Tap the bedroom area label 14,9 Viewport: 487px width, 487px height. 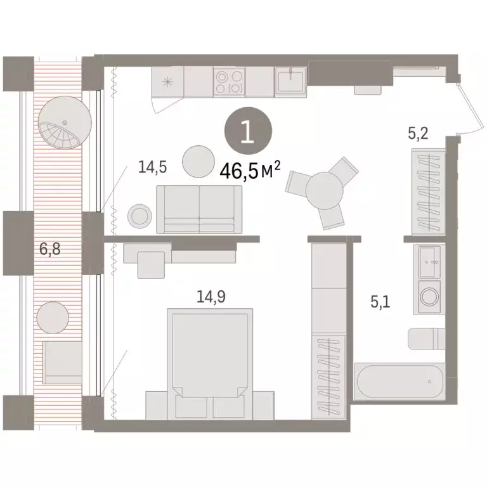[208, 296]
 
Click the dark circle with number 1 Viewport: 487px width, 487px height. [248, 131]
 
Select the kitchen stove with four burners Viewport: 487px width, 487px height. [229, 82]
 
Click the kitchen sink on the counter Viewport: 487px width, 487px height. [291, 82]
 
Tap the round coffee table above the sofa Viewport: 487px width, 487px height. [199, 162]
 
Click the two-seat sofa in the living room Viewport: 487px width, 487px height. [198, 209]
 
